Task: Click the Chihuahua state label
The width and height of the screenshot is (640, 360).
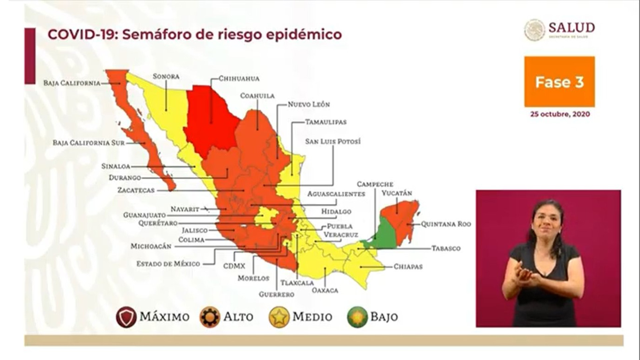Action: [239, 79]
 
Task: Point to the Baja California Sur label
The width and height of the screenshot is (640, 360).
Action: [89, 143]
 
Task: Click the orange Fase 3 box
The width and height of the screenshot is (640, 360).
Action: [559, 82]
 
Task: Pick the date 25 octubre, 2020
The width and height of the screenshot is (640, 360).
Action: [560, 114]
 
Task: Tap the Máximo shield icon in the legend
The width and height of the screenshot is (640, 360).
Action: [126, 317]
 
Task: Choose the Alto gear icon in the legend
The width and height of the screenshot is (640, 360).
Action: [210, 317]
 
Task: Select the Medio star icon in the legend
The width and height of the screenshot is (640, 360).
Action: [279, 317]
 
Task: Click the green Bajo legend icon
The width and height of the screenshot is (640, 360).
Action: [357, 317]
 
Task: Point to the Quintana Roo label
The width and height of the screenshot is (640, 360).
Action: [446, 224]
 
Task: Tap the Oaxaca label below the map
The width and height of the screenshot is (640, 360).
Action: [325, 290]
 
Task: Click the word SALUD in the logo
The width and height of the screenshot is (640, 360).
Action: [572, 27]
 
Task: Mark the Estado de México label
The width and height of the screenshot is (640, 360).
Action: [168, 264]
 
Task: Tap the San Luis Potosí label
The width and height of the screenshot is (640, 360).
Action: [333, 141]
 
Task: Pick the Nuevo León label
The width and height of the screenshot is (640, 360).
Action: [309, 104]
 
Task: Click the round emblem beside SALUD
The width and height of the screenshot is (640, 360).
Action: [534, 30]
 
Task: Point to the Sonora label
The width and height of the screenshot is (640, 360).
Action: [166, 76]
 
